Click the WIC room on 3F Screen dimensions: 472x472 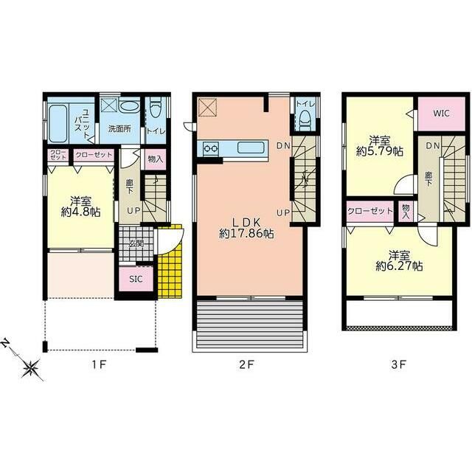(x=441, y=114)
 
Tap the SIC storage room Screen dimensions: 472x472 (x=136, y=279)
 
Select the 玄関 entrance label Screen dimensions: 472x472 (x=136, y=243)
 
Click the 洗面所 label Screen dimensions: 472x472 (x=119, y=129)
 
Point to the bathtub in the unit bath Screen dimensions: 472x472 (x=58, y=123)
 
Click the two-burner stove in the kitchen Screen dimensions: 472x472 (x=210, y=148)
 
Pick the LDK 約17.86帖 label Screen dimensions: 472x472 (x=246, y=228)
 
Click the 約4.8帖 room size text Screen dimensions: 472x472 (x=80, y=212)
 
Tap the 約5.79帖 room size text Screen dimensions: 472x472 (x=380, y=150)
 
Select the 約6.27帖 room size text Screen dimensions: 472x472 (x=399, y=265)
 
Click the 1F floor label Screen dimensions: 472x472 (x=99, y=365)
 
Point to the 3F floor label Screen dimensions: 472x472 (x=399, y=365)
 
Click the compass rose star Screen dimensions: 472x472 (x=31, y=368)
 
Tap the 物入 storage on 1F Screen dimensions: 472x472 (x=156, y=159)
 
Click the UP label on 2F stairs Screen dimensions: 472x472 (x=283, y=213)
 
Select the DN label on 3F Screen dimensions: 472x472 (x=433, y=146)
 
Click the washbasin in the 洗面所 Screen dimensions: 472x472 (x=130, y=106)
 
